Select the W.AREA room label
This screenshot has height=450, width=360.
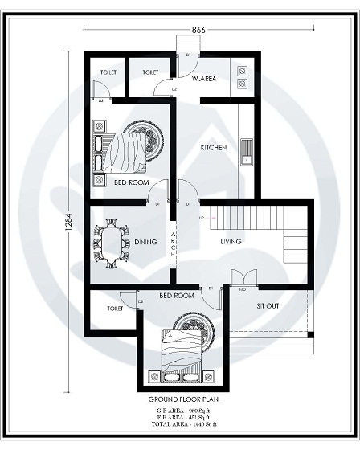point(203,79)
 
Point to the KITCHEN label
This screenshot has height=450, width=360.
point(214,148)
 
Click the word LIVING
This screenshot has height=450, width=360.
point(232,241)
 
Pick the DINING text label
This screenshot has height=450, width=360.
point(145,241)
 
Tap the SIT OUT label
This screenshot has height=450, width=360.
point(268,307)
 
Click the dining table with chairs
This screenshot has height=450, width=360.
point(112,240)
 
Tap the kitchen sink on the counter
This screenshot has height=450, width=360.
point(246,149)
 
